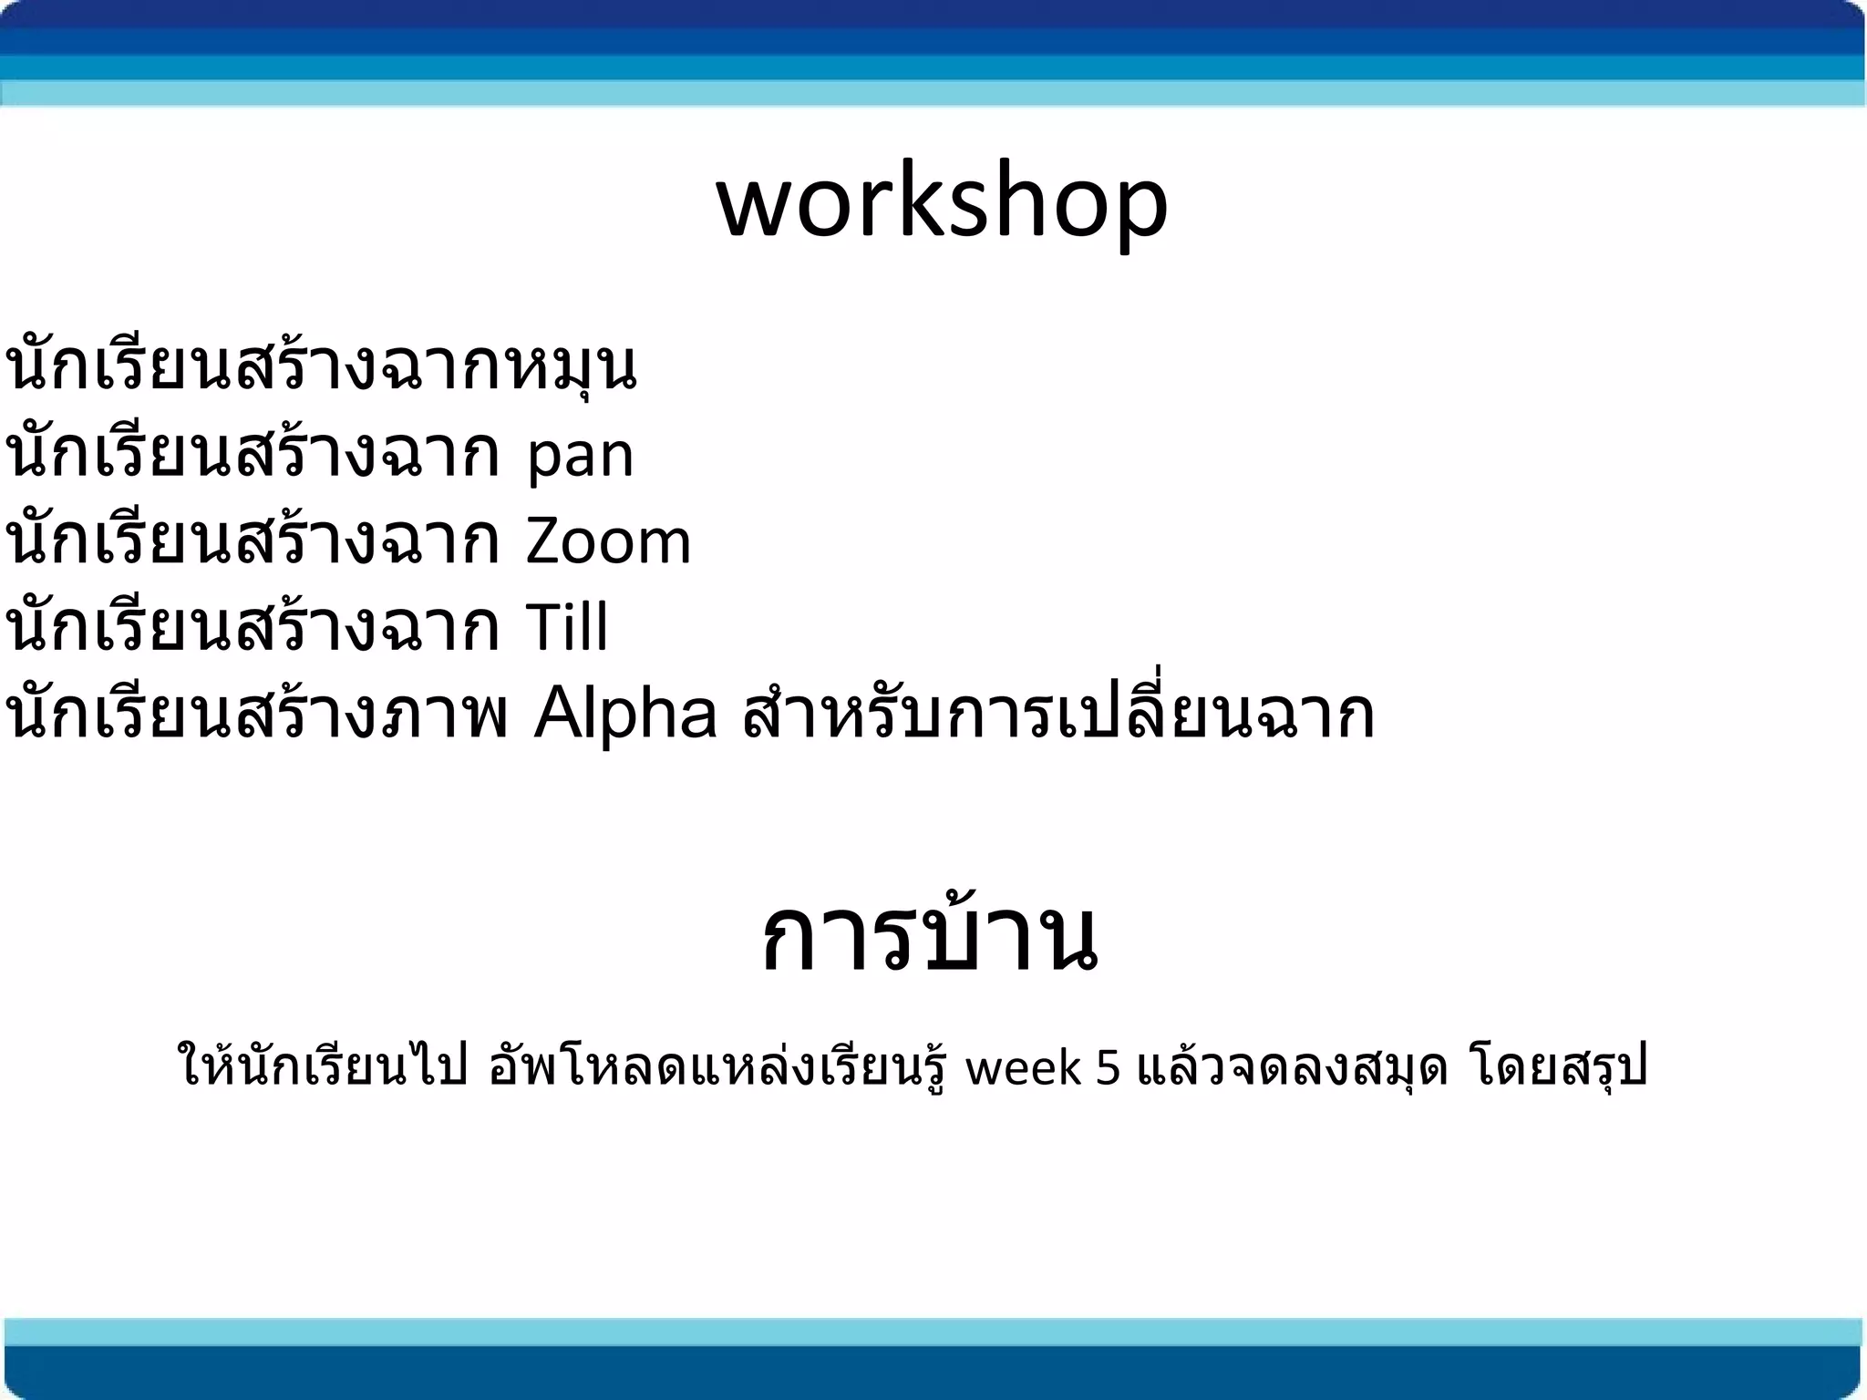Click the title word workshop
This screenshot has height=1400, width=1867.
point(942,201)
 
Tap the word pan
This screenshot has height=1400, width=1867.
point(580,457)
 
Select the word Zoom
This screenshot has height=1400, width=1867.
point(608,541)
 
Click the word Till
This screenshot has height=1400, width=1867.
point(566,627)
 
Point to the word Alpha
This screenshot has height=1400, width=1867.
point(625,715)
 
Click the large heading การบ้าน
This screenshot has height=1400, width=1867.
point(930,939)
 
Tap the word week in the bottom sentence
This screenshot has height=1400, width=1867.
point(1023,1068)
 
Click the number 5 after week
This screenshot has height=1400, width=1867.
point(1108,1068)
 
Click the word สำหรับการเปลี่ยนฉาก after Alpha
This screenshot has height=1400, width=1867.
point(1057,715)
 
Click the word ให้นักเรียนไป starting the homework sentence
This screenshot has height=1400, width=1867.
point(324,1068)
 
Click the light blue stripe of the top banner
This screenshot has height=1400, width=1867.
point(933,93)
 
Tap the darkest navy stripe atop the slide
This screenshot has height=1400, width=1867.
point(933,13)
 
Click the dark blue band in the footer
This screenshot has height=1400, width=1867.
point(933,1373)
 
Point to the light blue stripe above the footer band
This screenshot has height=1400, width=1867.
point(933,1332)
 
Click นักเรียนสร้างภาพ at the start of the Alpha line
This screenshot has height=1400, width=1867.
point(255,715)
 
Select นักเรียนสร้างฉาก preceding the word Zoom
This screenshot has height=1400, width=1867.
point(253,541)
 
